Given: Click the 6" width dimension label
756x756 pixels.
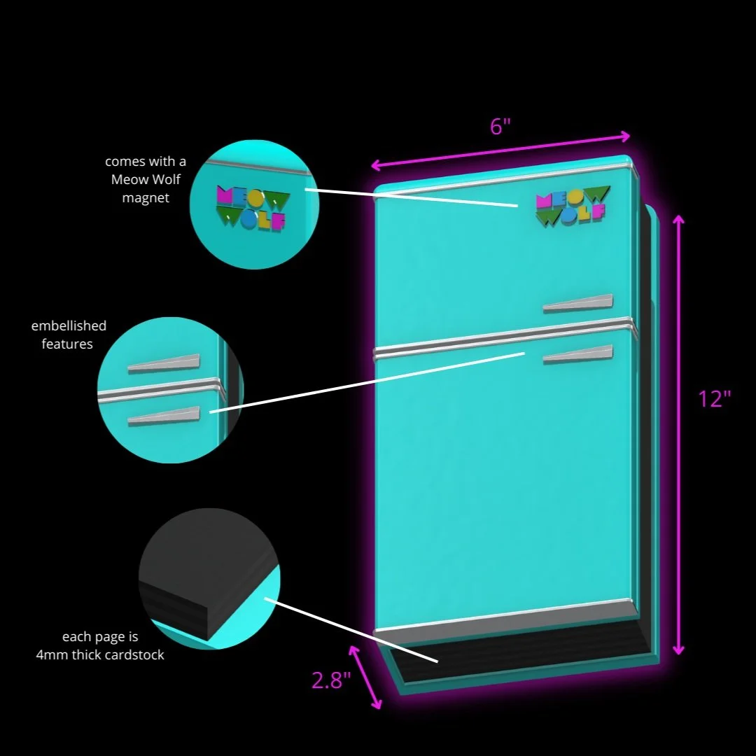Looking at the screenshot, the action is pyautogui.click(x=500, y=127).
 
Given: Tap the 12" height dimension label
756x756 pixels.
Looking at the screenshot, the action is pyautogui.click(x=715, y=399).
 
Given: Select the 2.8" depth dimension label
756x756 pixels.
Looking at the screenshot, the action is pyautogui.click(x=331, y=680).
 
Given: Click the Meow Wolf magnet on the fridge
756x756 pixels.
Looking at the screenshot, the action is pyautogui.click(x=571, y=206).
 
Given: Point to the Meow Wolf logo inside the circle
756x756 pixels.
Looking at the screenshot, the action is pyautogui.click(x=251, y=208).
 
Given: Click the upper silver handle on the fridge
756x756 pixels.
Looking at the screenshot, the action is pyautogui.click(x=577, y=303).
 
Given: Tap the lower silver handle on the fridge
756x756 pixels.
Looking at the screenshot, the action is pyautogui.click(x=577, y=355).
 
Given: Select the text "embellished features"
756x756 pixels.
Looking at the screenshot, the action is pyautogui.click(x=69, y=335).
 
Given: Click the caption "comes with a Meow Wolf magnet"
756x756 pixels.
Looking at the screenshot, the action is pyautogui.click(x=146, y=180).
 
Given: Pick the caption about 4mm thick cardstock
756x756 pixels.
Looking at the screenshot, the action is pyautogui.click(x=100, y=646).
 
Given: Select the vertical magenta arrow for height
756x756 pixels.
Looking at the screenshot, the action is pyautogui.click(x=678, y=434).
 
